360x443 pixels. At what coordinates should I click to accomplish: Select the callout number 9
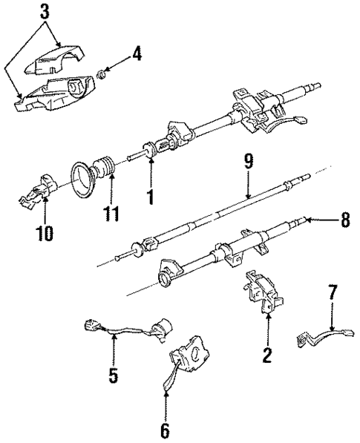point(248,161)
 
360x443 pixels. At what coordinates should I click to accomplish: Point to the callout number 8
point(343,220)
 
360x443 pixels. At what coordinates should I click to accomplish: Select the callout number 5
point(113,375)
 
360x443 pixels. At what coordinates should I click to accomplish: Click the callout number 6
point(165,430)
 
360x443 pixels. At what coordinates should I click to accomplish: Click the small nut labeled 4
point(105,73)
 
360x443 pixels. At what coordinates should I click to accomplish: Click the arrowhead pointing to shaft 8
point(308,220)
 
